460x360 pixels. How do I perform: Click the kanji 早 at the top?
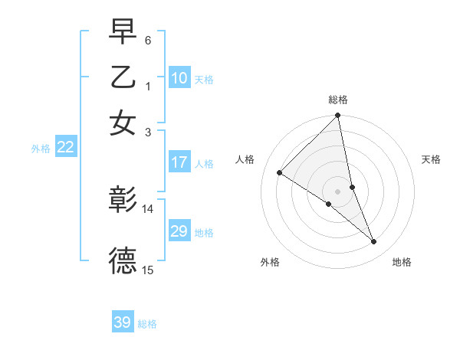pyautogui.click(x=123, y=33)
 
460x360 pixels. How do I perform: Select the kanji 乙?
pyautogui.click(x=123, y=77)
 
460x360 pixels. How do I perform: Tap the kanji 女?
pyautogui.click(x=123, y=123)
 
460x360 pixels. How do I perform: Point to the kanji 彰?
pyautogui.click(x=123, y=201)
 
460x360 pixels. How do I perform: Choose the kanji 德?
pyautogui.click(x=123, y=260)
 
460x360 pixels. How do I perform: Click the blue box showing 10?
pyautogui.click(x=179, y=78)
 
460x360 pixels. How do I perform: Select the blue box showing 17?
pyautogui.click(x=179, y=162)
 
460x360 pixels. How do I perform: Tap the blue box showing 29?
pyautogui.click(x=179, y=232)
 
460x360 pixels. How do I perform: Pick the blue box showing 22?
pyautogui.click(x=65, y=148)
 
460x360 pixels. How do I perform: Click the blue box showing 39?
pyautogui.click(x=123, y=322)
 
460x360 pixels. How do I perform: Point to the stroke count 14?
pyautogui.click(x=148, y=208)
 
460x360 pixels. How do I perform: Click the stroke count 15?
pyautogui.click(x=148, y=270)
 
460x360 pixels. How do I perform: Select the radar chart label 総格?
pyautogui.click(x=338, y=100)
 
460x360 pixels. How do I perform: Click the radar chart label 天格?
pyautogui.click(x=431, y=159)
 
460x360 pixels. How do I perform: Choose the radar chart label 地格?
pyautogui.click(x=402, y=262)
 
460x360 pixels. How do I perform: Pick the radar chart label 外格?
pyautogui.click(x=270, y=262)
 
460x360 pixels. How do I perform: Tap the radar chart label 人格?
pyautogui.click(x=245, y=159)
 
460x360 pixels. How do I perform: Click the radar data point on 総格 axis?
pyautogui.click(x=338, y=116)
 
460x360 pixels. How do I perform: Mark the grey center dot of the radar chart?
pyautogui.click(x=338, y=191)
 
